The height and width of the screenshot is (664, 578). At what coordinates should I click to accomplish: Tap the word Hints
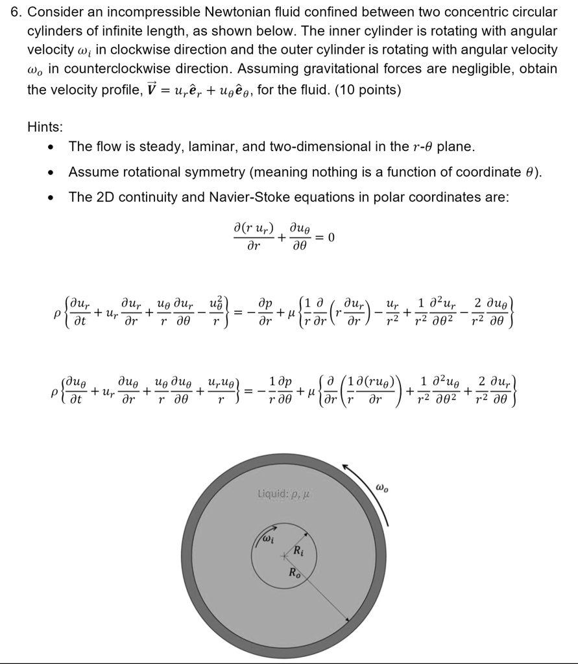(x=45, y=127)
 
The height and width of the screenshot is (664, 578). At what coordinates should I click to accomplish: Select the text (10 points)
(x=368, y=89)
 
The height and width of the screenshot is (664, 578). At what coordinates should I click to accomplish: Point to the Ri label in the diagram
(x=297, y=552)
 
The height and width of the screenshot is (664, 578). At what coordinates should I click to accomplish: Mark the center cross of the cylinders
(x=283, y=556)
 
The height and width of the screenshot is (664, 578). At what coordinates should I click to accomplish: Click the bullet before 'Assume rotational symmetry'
(x=52, y=172)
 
